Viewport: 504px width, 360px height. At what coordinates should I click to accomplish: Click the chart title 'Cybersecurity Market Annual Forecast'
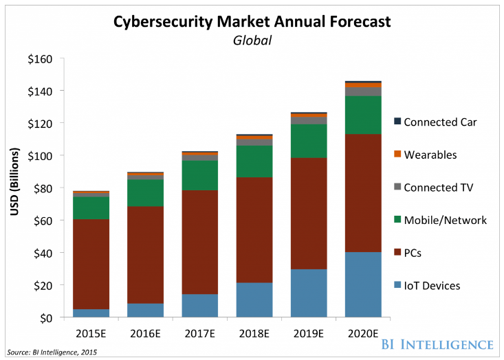pos(252,22)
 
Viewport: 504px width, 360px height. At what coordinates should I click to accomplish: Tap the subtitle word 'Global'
pos(252,41)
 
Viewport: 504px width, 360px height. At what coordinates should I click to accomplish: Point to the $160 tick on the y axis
pos(41,59)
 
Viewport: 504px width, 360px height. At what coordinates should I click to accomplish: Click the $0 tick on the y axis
pos(46,318)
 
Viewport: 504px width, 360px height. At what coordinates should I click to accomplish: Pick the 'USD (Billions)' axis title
pos(14,188)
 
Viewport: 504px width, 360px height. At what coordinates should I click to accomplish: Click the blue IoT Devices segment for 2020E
pos(363,285)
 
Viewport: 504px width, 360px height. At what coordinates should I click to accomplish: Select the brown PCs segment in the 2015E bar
pos(91,265)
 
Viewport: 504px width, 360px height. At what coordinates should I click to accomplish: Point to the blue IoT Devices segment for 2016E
pos(145,311)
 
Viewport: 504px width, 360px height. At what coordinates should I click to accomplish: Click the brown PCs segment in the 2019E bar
pos(309,213)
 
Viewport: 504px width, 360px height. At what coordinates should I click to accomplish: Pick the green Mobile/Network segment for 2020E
pos(363,115)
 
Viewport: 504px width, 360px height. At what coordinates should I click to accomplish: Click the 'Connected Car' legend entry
pos(440,122)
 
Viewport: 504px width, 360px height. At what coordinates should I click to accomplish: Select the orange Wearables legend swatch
pos(397,155)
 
